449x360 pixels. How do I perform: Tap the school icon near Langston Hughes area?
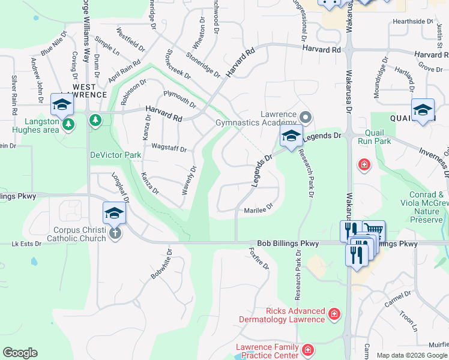[62, 106]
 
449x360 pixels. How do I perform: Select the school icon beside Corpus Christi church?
[114, 214]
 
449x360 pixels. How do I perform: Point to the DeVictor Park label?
[115, 155]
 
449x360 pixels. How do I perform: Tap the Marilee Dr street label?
[259, 211]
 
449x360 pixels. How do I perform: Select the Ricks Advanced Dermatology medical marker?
[334, 313]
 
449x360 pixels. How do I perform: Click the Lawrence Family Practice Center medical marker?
[307, 349]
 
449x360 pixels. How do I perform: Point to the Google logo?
[20, 353]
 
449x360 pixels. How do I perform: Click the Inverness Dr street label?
[425, 163]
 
